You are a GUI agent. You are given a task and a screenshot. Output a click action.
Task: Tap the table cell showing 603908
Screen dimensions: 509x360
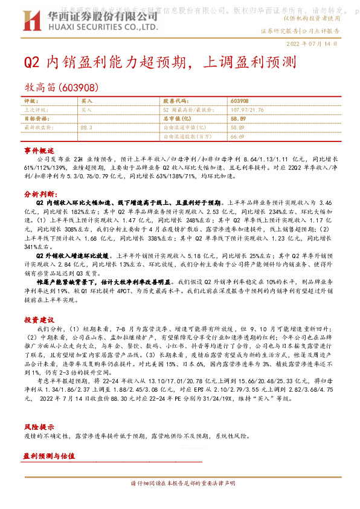[239, 102]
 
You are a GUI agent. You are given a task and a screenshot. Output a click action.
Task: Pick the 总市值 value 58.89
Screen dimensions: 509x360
[239, 119]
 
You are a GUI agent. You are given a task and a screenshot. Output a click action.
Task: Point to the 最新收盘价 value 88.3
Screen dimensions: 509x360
[86, 128]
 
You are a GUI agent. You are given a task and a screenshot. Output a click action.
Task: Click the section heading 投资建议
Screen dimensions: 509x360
[39, 319]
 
